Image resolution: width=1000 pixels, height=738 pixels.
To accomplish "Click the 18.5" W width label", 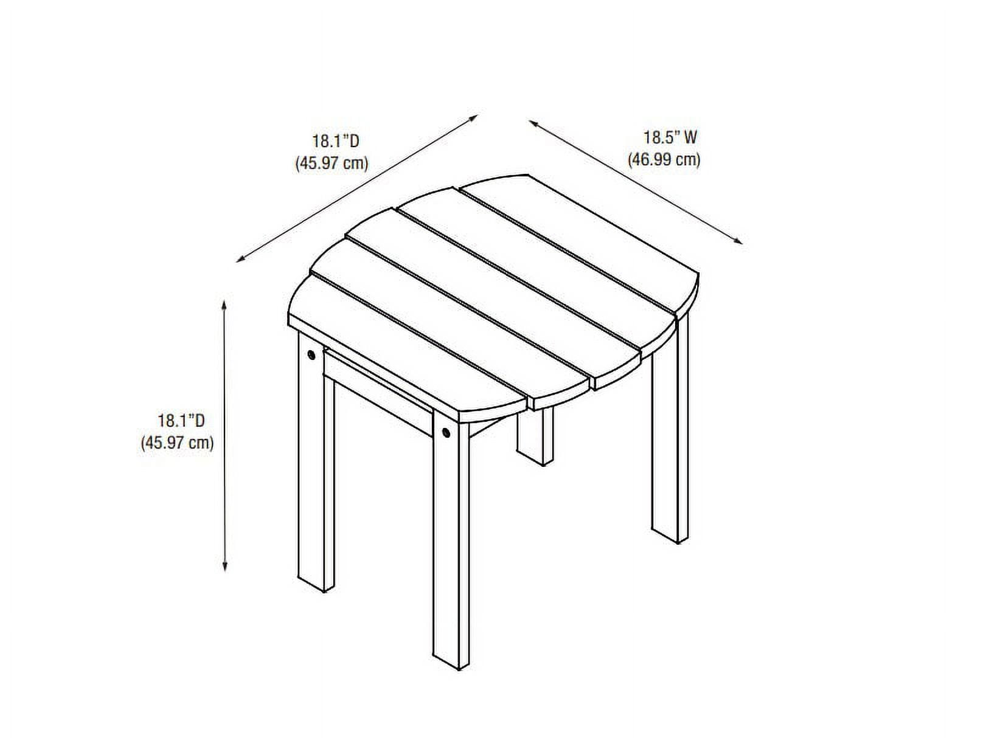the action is pyautogui.click(x=670, y=137).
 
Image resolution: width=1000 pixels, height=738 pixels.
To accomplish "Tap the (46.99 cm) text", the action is pyautogui.click(x=664, y=159).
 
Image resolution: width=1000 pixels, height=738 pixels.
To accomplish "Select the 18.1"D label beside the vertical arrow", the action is pyautogui.click(x=181, y=420).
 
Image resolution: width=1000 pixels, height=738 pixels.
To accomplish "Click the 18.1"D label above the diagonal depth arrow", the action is pyautogui.click(x=336, y=141).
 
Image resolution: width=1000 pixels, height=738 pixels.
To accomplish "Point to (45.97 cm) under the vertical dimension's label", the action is pyautogui.click(x=177, y=443).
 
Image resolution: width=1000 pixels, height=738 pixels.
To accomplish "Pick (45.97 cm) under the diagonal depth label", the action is pyautogui.click(x=332, y=163).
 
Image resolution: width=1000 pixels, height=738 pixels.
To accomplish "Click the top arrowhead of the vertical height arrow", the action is pyautogui.click(x=224, y=305).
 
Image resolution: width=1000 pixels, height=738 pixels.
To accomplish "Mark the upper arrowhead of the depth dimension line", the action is pyautogui.click(x=473, y=117).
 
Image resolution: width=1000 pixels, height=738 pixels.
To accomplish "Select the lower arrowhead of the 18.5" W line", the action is pyautogui.click(x=738, y=241).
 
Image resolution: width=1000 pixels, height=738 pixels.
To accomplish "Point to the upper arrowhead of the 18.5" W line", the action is pyautogui.click(x=534, y=123).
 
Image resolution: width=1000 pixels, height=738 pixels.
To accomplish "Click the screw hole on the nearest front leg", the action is pyautogui.click(x=446, y=433).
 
